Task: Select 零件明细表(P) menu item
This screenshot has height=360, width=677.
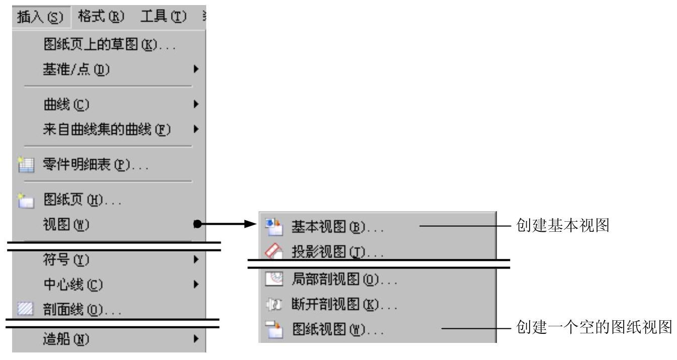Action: click(x=95, y=165)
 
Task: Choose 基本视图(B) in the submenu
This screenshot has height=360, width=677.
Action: click(x=337, y=228)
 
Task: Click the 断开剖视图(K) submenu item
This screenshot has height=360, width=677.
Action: click(x=345, y=305)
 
